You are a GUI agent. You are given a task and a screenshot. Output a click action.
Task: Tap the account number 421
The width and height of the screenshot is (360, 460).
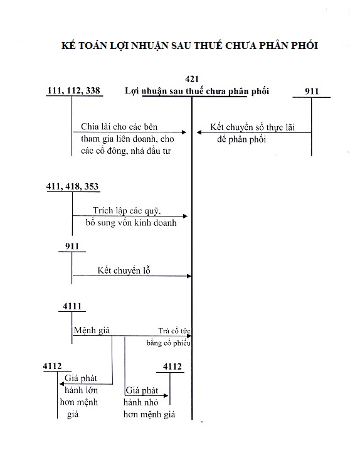(193, 79)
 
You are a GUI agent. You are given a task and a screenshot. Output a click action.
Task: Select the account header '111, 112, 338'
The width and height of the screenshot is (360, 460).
(73, 92)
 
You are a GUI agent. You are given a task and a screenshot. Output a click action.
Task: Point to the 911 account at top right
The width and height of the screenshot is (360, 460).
(312, 92)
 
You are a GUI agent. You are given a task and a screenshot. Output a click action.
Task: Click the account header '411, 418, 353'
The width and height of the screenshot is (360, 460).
(73, 187)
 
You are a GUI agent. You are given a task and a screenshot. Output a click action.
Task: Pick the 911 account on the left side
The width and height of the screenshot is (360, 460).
(73, 246)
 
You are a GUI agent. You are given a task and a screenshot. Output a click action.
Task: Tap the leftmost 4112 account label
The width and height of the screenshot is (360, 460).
(52, 366)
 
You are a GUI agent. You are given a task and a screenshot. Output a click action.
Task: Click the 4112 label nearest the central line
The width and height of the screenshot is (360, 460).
(172, 366)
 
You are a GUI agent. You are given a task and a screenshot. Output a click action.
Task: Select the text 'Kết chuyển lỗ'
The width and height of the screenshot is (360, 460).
(124, 270)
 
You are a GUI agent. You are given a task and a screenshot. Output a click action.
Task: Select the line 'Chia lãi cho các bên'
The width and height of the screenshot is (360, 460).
(119, 127)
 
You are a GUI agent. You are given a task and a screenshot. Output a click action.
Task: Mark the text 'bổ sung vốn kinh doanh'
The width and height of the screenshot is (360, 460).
(131, 222)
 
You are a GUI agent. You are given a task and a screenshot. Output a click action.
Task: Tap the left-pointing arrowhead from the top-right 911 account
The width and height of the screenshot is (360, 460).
(199, 132)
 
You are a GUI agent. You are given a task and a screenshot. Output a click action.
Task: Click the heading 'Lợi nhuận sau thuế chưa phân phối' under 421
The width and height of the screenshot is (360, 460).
(197, 92)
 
